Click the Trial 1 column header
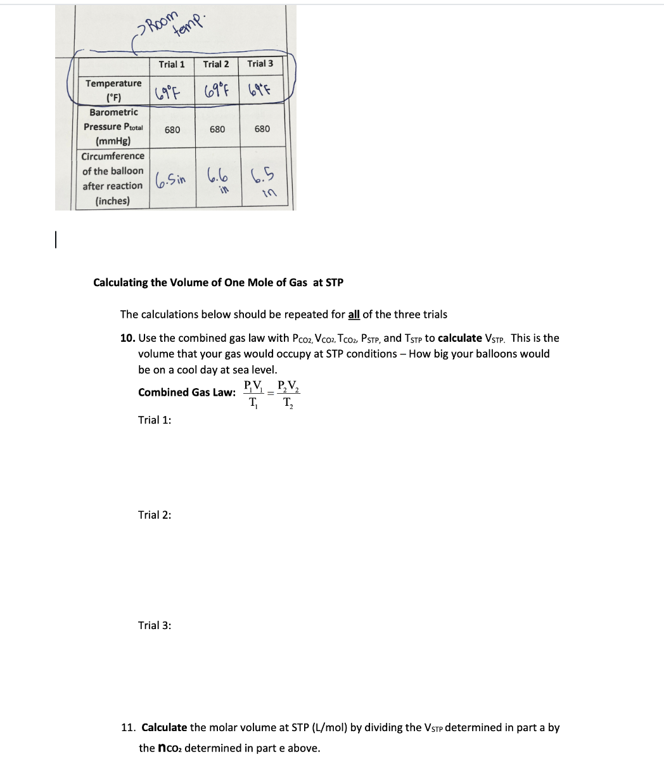(x=172, y=64)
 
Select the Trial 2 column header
(x=216, y=64)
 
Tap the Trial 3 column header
(x=260, y=63)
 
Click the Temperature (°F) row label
(x=114, y=90)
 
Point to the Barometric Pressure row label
(x=113, y=126)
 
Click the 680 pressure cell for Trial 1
(x=172, y=129)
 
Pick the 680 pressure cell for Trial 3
(x=262, y=129)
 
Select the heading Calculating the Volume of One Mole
(x=218, y=282)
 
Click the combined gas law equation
(x=271, y=393)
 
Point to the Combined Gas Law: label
(x=186, y=392)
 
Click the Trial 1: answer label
(x=155, y=420)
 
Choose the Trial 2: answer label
(x=155, y=515)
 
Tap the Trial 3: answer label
(x=155, y=625)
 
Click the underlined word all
(x=354, y=315)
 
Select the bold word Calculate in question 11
(x=164, y=727)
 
